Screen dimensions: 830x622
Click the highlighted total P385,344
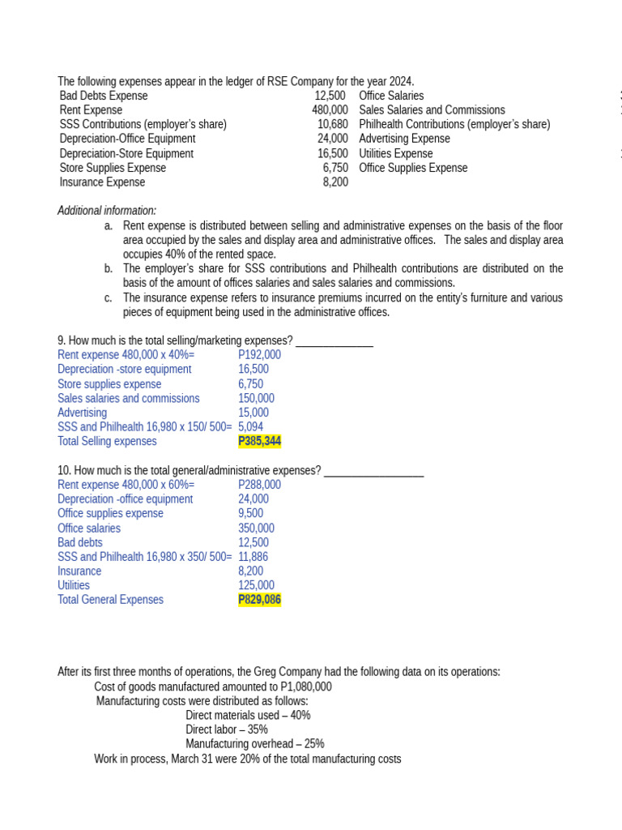(x=259, y=442)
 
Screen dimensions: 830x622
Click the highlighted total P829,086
(x=259, y=600)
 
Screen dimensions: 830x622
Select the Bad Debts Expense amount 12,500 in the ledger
(x=331, y=96)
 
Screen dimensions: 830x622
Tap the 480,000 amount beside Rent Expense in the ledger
(x=330, y=110)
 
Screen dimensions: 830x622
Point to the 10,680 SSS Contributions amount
(x=332, y=125)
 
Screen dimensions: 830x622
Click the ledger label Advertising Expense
(x=404, y=139)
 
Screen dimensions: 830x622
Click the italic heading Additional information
(x=107, y=211)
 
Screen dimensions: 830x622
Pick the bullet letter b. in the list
(x=109, y=268)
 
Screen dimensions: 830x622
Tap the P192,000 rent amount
(x=259, y=355)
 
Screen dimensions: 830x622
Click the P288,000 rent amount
(x=259, y=485)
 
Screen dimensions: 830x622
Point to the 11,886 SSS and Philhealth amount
(x=253, y=557)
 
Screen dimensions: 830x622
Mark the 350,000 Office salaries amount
(x=256, y=528)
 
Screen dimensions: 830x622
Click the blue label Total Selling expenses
(x=107, y=442)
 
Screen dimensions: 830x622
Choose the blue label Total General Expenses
(x=110, y=600)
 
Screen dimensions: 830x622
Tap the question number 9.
(x=62, y=340)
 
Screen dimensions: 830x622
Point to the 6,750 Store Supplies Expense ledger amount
(x=335, y=168)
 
